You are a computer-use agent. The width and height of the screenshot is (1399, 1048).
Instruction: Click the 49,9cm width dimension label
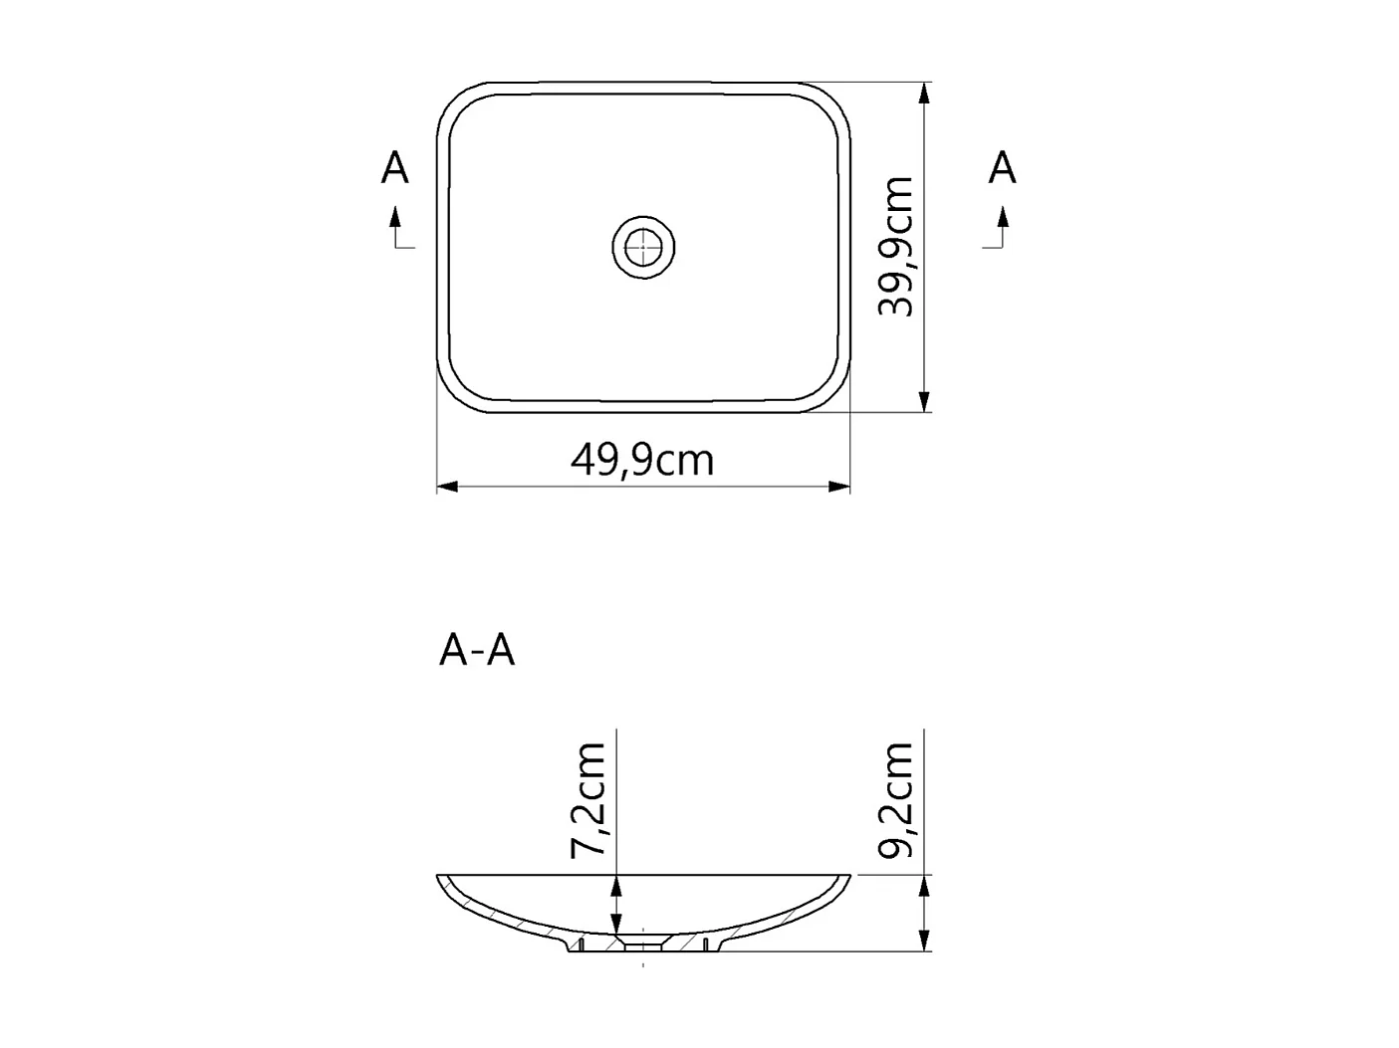point(642,460)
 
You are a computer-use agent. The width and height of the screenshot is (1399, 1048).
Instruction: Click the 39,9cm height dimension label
point(896,247)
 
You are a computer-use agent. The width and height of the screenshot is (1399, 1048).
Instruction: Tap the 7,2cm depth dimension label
point(588,799)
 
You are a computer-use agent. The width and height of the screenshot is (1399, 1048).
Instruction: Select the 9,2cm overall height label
point(896,799)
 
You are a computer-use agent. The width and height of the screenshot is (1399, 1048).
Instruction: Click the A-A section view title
point(477,651)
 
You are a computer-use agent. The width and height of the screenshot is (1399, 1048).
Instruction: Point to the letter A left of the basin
point(395,168)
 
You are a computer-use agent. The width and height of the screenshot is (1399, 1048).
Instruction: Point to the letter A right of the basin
point(1002,168)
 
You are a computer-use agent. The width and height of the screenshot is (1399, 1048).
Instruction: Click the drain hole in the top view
point(643,245)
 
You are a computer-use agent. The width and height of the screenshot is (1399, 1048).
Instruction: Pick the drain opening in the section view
point(643,942)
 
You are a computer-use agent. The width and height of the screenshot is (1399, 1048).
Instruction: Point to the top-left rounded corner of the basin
point(458,104)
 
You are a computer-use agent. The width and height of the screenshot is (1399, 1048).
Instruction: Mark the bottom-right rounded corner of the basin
point(831,392)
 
